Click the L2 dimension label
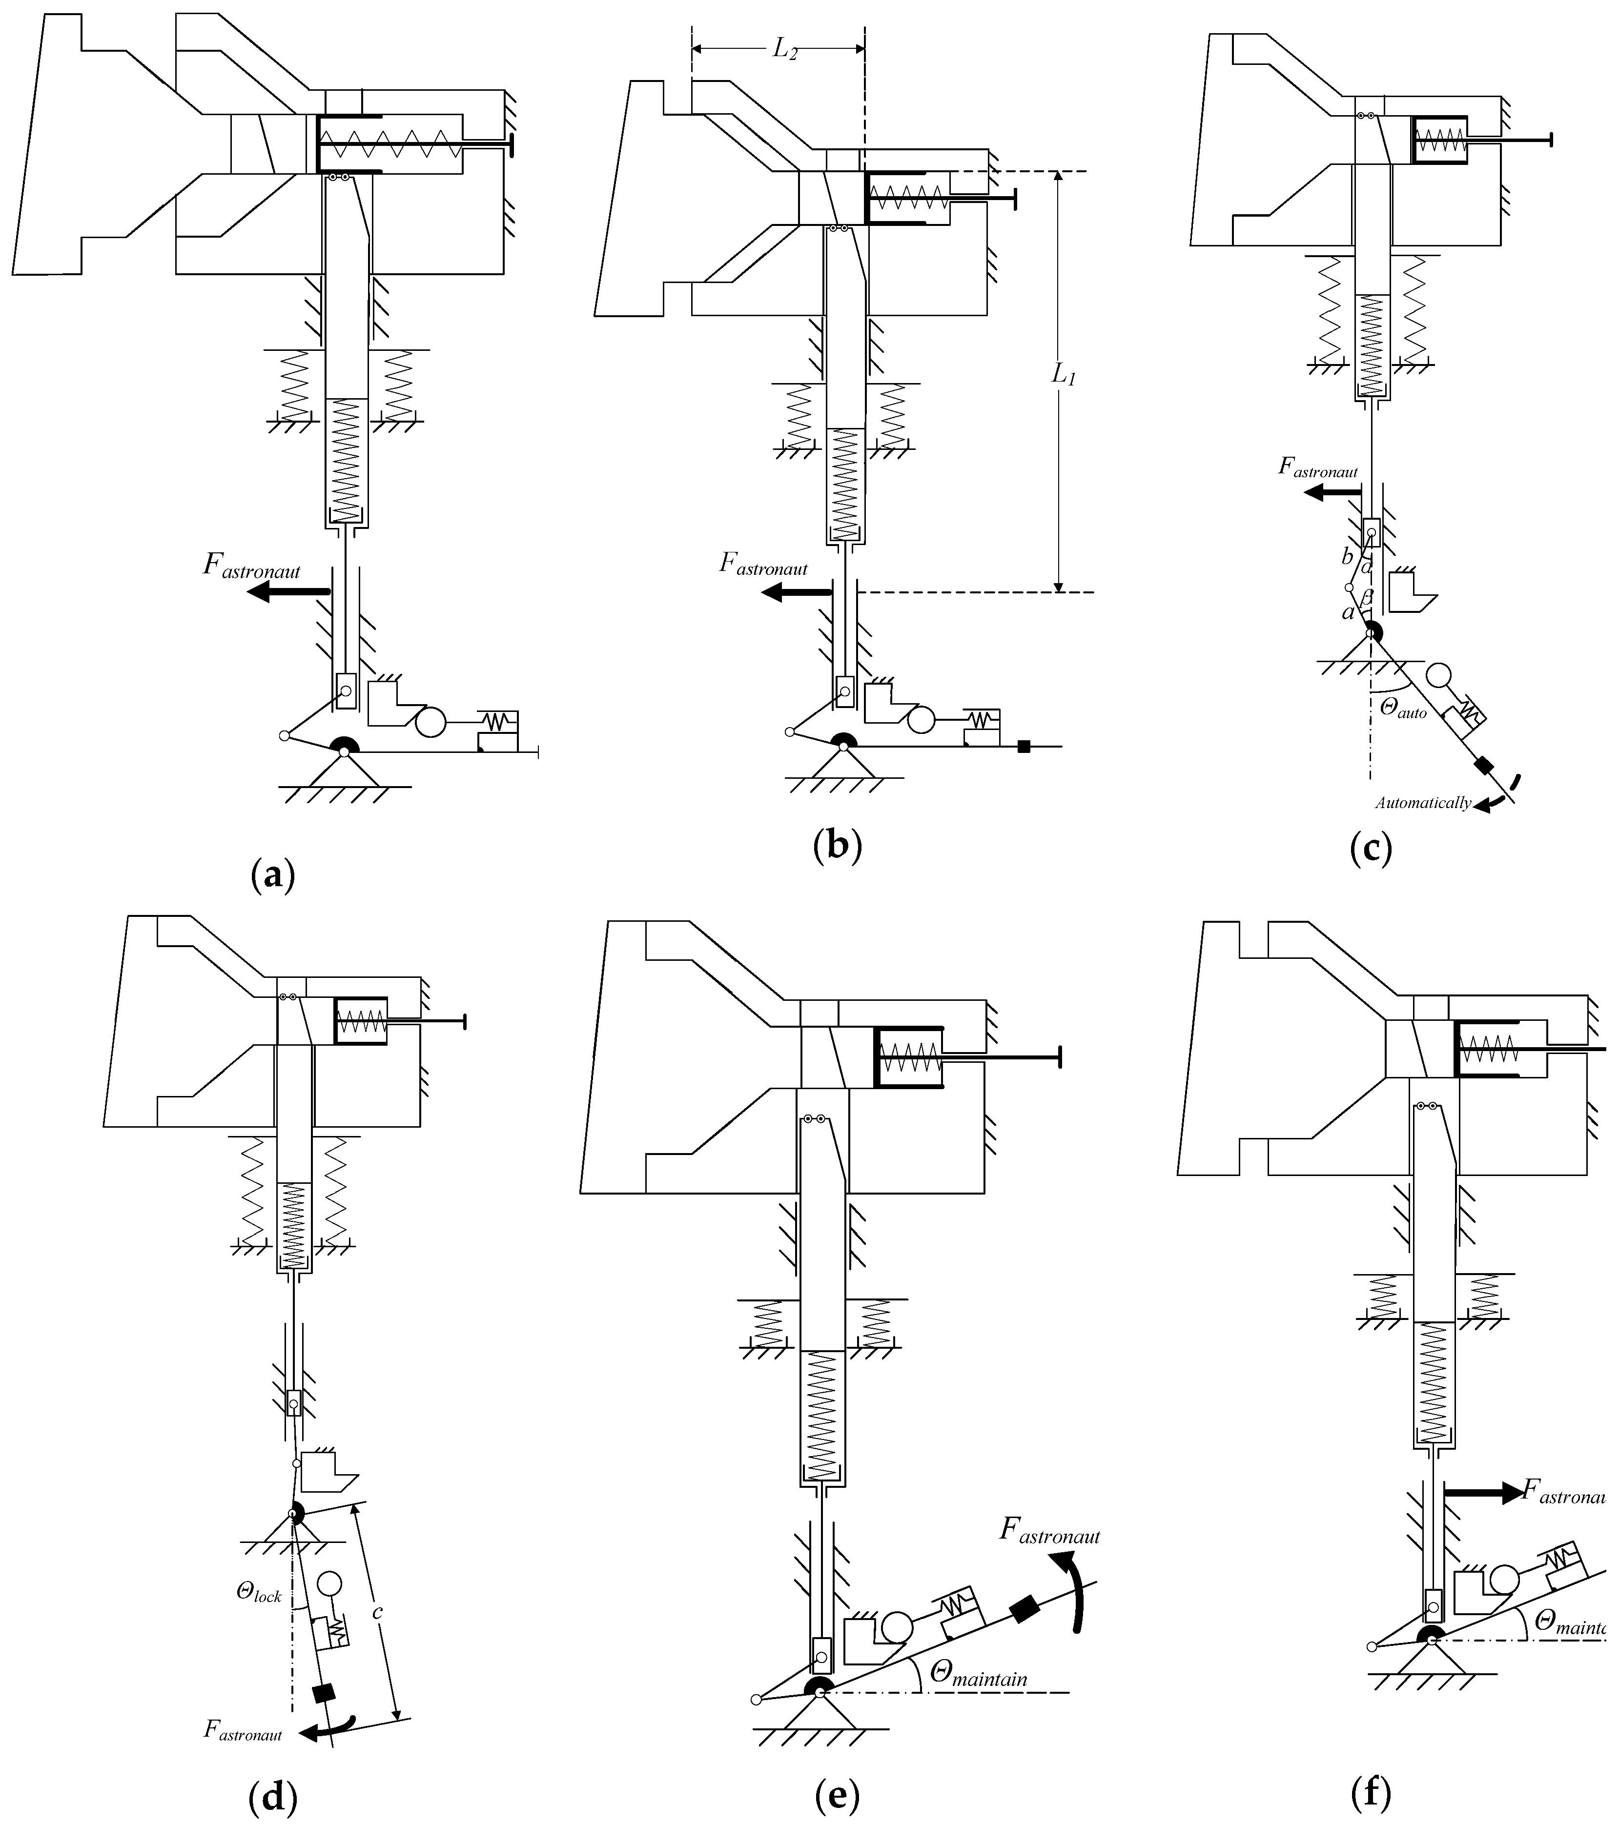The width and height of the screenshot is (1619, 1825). (784, 50)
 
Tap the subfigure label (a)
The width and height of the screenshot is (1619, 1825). (272, 875)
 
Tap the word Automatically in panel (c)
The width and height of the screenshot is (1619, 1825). (1422, 803)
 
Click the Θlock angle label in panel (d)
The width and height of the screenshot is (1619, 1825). (259, 1591)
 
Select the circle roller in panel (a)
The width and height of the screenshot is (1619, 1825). (430, 721)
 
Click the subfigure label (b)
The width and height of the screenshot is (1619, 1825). (838, 845)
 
